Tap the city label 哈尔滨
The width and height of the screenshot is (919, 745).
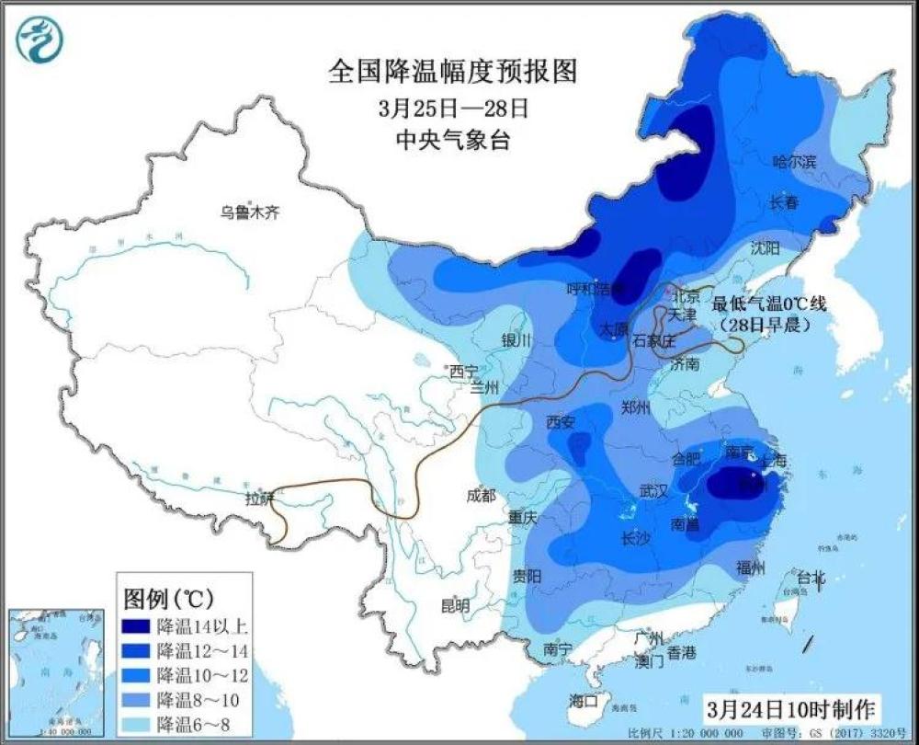point(794,162)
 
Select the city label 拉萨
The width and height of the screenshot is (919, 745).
point(260,499)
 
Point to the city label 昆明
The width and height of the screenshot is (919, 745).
point(455,605)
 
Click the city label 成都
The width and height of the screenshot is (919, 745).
point(481,495)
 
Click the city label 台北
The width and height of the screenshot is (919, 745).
point(810,578)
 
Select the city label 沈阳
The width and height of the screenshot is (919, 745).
point(765,247)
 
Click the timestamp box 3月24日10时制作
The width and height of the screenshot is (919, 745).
point(791,709)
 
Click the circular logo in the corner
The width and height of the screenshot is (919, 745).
point(40,40)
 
